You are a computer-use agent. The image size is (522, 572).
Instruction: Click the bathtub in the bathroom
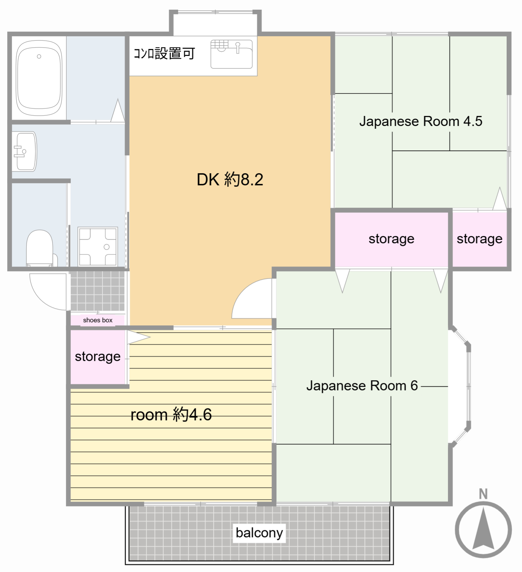(x=39, y=78)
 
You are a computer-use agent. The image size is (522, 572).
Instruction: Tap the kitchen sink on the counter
(x=232, y=54)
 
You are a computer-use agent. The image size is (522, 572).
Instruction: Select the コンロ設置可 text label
(x=165, y=53)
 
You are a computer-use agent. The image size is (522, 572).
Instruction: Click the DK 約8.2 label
(x=230, y=179)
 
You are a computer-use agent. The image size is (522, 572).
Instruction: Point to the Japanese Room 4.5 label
(x=421, y=121)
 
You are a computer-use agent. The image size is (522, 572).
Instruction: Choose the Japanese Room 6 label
(x=362, y=386)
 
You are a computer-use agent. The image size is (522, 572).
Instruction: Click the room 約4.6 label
(x=171, y=414)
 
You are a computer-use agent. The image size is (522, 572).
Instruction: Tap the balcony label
(x=259, y=533)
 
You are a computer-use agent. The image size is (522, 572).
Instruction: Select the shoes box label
(x=98, y=320)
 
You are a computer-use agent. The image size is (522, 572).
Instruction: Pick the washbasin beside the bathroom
(x=24, y=151)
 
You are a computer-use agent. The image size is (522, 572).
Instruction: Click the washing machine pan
(x=98, y=246)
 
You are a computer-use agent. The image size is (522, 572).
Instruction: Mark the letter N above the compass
(x=483, y=494)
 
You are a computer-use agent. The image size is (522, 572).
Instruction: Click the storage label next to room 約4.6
(x=98, y=357)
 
